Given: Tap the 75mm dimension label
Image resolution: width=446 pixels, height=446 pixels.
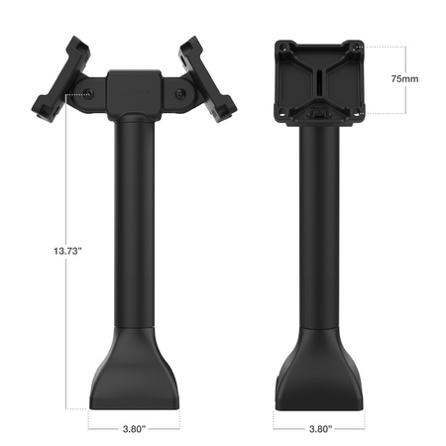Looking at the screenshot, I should pyautogui.click(x=403, y=77).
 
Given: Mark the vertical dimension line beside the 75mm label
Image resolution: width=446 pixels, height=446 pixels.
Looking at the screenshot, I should pyautogui.click(x=380, y=77).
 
